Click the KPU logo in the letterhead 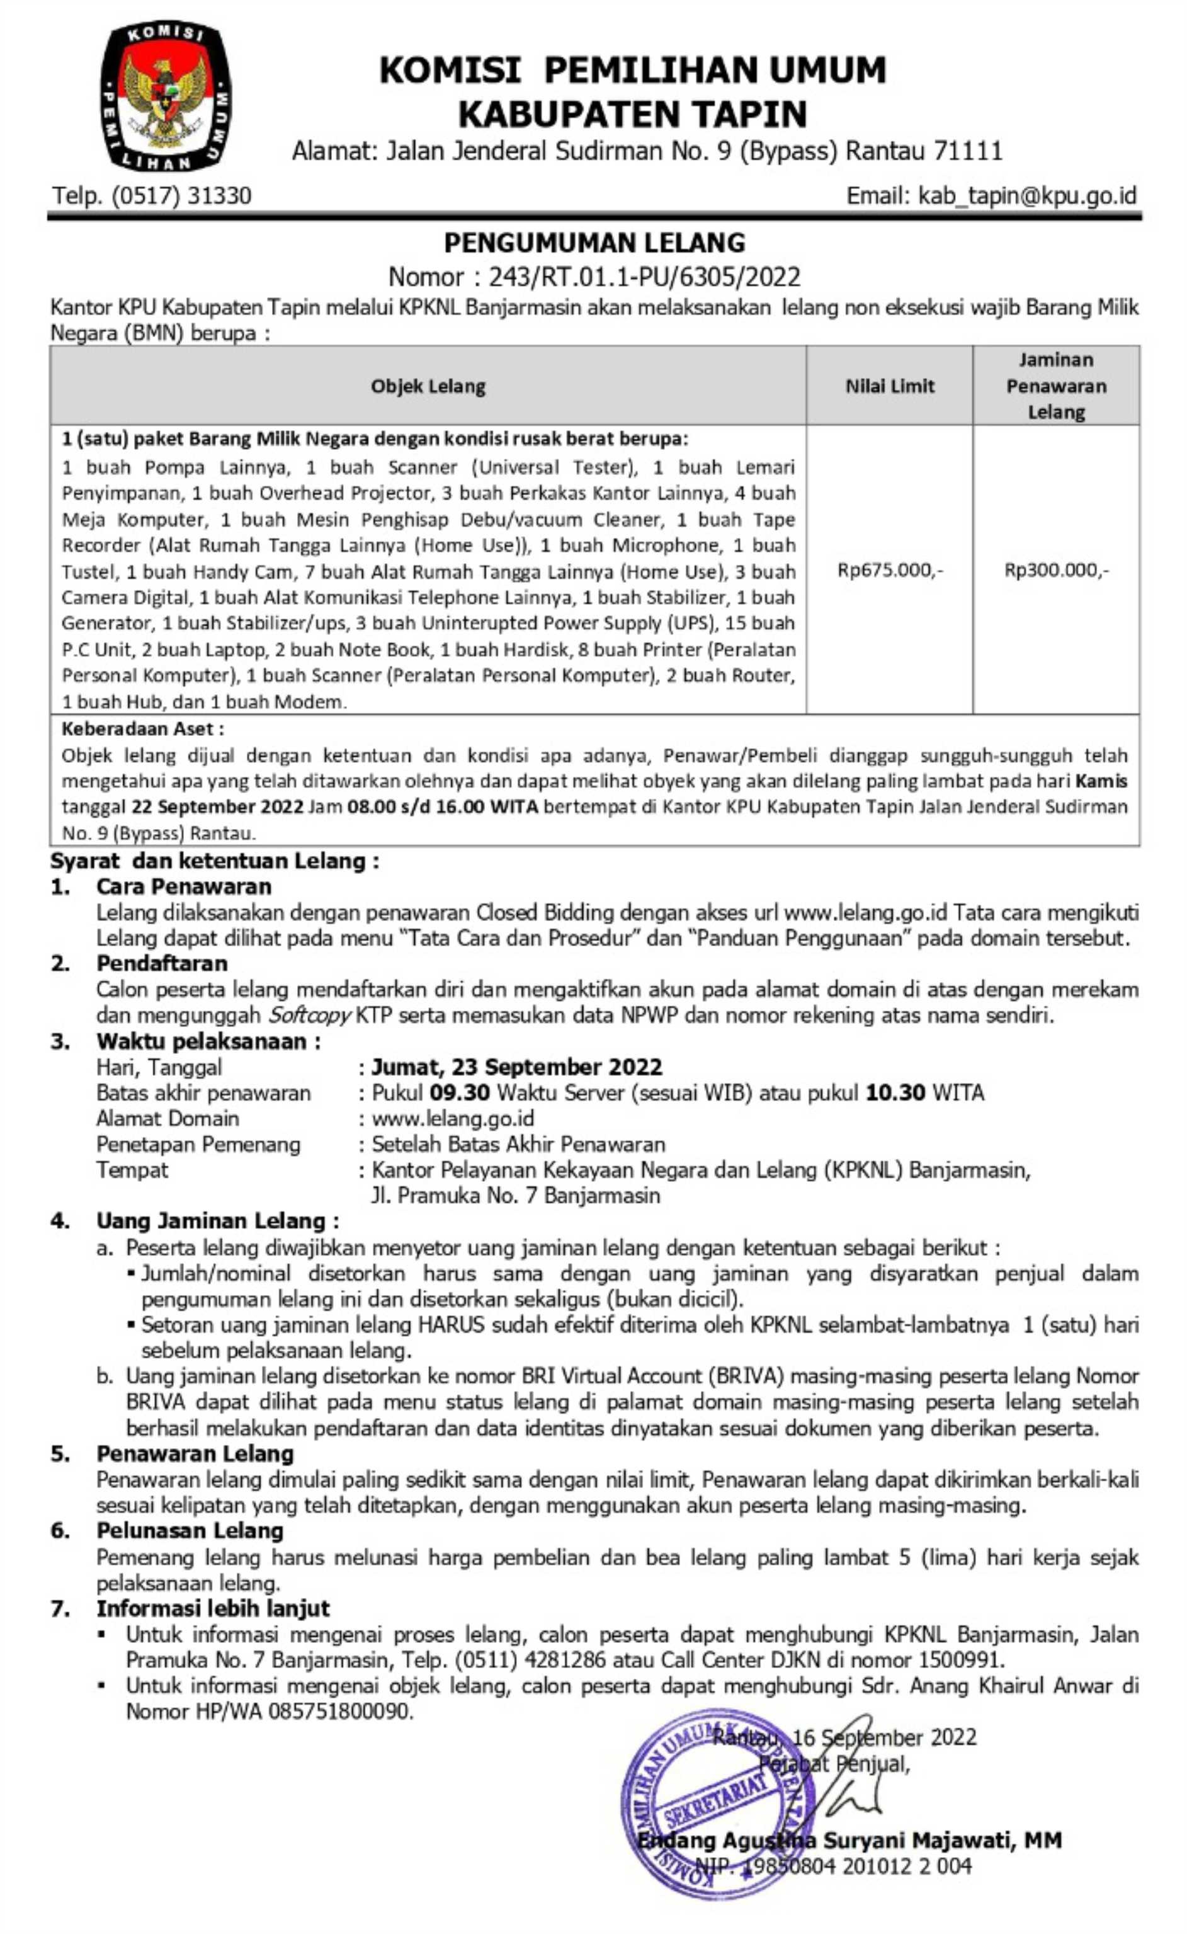165,96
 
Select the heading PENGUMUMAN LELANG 594,243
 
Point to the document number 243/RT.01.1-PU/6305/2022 644,277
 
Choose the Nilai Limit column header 890,386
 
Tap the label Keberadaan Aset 142,729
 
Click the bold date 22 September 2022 217,806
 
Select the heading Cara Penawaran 184,886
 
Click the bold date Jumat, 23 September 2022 516,1067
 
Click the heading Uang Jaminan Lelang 217,1221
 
